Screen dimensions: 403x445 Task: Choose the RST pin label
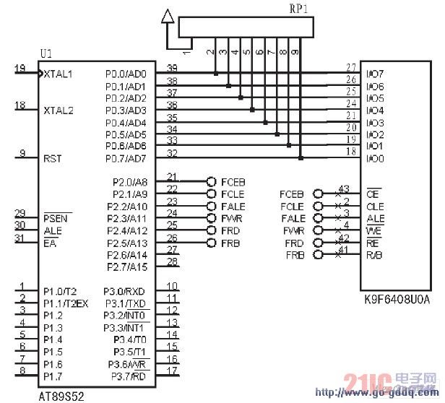53,158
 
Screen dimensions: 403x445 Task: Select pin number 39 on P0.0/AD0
172,67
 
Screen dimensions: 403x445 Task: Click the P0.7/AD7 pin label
126,158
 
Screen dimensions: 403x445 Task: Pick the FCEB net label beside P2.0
233,182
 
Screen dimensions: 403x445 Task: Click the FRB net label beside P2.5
230,243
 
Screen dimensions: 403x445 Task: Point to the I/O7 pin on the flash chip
375,74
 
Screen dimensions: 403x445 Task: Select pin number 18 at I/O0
351,151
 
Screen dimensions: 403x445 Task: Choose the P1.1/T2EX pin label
65,303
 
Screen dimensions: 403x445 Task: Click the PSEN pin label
56,217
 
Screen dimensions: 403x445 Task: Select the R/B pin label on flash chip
374,256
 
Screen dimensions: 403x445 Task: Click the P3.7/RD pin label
129,377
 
